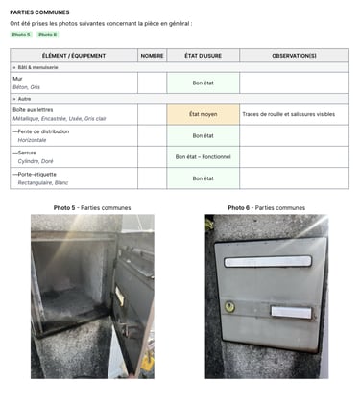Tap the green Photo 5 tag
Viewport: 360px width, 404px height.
[21, 35]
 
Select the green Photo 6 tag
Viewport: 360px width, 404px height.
[48, 35]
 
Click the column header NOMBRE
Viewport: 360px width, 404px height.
[152, 56]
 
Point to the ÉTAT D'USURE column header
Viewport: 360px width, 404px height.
[203, 56]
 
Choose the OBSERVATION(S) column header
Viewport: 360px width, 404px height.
[294, 56]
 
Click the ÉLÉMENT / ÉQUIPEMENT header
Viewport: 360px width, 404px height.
[73, 56]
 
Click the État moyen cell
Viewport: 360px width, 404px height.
[203, 114]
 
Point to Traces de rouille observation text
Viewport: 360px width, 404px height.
[288, 114]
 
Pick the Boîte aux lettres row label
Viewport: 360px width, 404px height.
[34, 109]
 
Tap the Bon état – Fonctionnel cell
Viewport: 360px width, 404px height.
[203, 156]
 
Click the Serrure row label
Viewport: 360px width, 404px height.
[29, 153]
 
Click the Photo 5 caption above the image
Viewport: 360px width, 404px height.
[92, 208]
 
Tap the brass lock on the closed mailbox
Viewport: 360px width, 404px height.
[229, 307]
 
